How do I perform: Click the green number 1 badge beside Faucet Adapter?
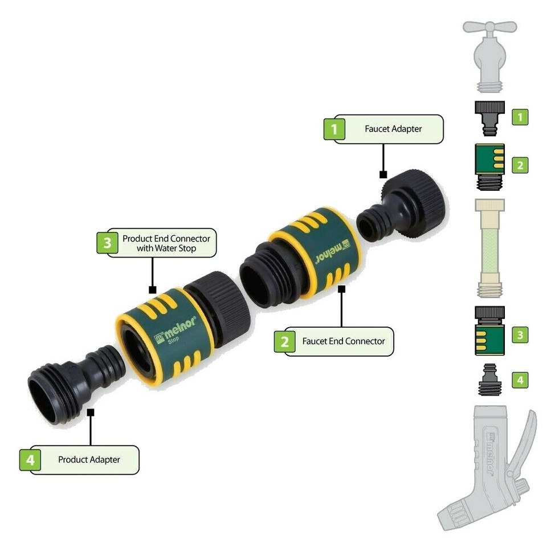pyautogui.click(x=334, y=129)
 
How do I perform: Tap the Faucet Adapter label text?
pyautogui.click(x=393, y=129)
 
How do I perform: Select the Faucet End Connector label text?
pyautogui.click(x=343, y=341)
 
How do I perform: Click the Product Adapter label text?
pyautogui.click(x=89, y=459)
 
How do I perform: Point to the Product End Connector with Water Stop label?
pyautogui.click(x=166, y=243)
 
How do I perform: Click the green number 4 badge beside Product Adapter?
pyautogui.click(x=30, y=459)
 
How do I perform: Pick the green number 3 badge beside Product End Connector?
pyautogui.click(x=107, y=243)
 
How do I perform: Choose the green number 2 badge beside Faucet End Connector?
pyautogui.click(x=284, y=341)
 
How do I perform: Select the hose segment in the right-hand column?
pyautogui.click(x=489, y=248)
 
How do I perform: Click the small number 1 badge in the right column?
pyautogui.click(x=519, y=117)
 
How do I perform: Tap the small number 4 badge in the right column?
pyautogui.click(x=519, y=379)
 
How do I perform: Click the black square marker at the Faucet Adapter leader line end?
pyautogui.click(x=383, y=174)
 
